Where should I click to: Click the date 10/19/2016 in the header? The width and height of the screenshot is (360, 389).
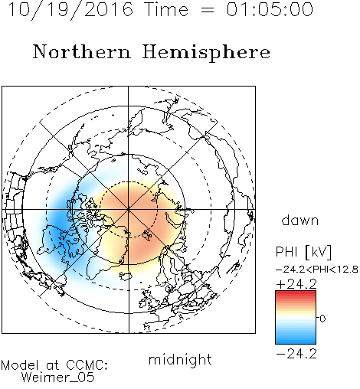[70, 10]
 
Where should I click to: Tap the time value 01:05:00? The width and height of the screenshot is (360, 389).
[270, 9]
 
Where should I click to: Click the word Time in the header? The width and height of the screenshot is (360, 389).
[166, 9]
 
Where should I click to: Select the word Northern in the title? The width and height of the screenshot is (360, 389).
[82, 51]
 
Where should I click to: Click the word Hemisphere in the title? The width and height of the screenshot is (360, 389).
[206, 53]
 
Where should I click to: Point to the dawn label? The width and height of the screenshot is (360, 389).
[300, 221]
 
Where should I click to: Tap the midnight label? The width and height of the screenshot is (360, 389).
[180, 360]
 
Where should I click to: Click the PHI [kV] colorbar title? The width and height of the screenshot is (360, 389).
[303, 252]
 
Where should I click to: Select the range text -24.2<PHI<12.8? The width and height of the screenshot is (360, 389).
[317, 270]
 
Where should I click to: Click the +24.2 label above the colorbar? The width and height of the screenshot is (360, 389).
[296, 284]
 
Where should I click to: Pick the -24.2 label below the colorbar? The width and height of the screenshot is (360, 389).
[296, 354]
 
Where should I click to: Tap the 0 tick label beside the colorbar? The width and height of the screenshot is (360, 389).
[322, 319]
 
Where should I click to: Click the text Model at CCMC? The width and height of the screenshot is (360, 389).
[54, 365]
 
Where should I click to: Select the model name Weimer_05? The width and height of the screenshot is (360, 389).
[58, 378]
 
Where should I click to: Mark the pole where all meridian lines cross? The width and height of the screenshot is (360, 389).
[129, 209]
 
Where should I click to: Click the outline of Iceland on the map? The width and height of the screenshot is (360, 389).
[126, 276]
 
